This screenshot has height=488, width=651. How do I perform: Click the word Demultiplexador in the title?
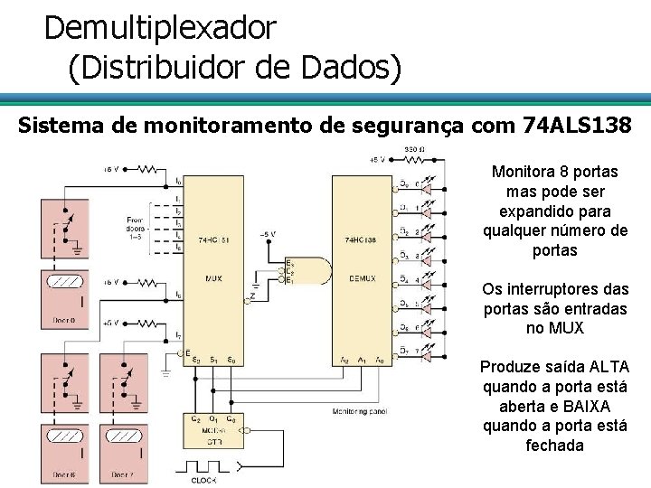(159, 28)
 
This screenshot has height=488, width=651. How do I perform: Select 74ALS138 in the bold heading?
(577, 124)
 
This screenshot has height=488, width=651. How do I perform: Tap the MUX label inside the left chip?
(214, 278)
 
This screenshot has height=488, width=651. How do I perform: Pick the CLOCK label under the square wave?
(203, 480)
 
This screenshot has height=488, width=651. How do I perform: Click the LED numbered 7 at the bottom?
(433, 350)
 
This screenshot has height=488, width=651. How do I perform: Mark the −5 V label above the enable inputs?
(268, 234)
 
